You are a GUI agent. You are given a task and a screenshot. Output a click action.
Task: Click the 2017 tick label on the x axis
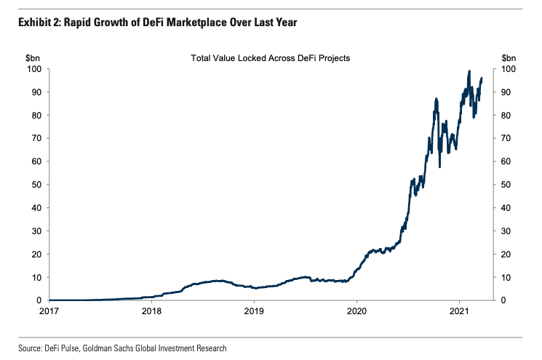[49, 311]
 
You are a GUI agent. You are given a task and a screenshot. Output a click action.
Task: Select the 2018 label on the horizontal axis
[151, 311]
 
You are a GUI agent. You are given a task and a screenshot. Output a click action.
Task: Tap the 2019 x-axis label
[254, 311]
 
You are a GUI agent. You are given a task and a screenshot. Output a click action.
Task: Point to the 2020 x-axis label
[356, 311]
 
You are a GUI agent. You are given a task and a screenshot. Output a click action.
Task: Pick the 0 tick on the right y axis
[503, 300]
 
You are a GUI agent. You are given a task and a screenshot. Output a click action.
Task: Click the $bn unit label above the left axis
[34, 57]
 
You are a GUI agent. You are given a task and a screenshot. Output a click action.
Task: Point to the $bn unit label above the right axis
[509, 57]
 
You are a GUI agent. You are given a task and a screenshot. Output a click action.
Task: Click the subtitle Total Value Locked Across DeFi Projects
[271, 57]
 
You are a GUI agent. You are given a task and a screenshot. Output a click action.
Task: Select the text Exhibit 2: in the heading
[39, 23]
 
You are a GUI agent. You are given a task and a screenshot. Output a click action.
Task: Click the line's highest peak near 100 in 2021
[469, 71]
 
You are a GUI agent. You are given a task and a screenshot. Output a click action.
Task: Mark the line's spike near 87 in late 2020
[436, 98]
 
